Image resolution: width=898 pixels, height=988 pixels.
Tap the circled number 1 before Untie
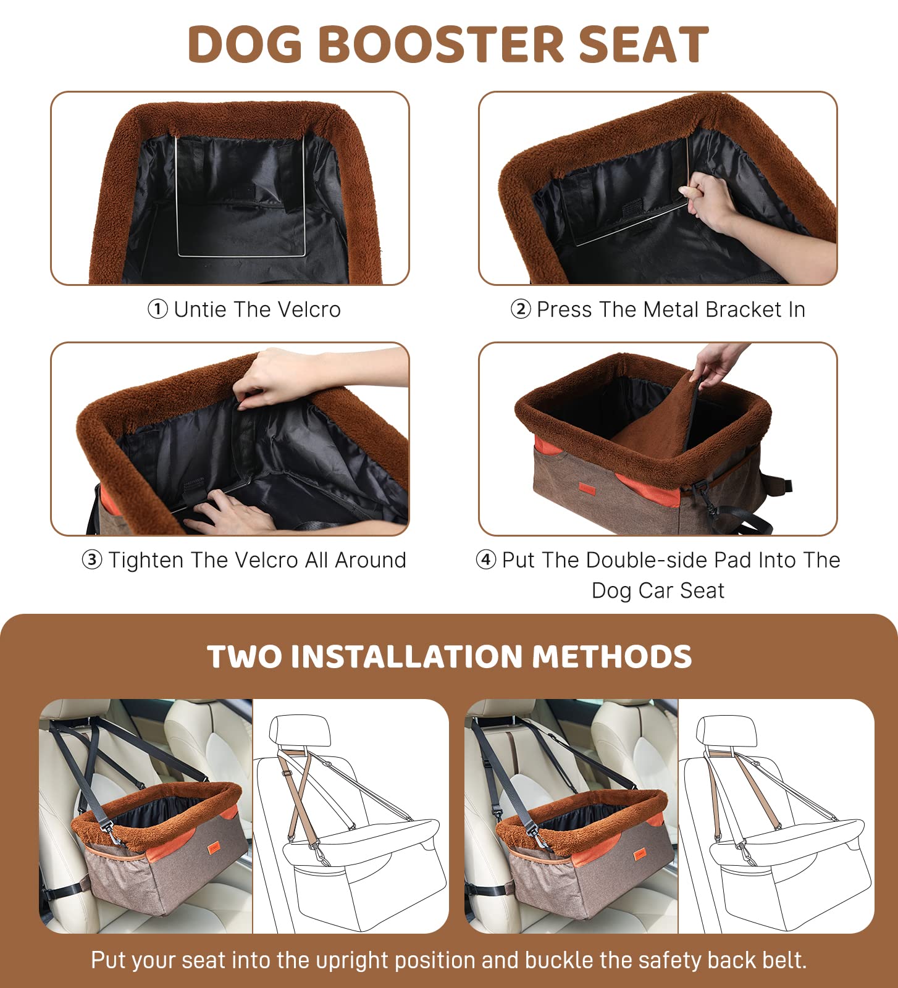coord(157,309)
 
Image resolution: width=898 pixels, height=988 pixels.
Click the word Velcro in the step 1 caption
coord(309,309)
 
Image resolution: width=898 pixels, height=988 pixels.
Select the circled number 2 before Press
coord(520,309)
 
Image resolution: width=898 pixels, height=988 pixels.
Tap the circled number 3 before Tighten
coord(91,560)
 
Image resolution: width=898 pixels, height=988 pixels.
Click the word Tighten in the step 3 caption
coord(147,560)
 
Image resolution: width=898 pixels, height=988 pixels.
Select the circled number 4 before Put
coord(485,560)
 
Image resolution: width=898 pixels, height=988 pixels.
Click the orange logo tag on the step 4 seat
coord(586,488)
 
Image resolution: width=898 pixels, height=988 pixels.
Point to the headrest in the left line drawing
coord(300,731)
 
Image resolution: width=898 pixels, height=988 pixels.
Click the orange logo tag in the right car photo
coord(639,855)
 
